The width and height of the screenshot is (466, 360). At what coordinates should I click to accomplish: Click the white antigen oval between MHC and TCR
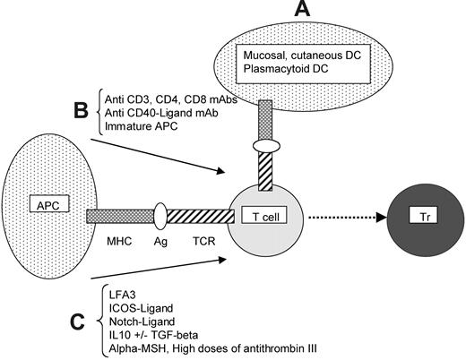point(160,216)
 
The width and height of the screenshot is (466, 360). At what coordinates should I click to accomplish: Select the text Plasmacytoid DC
point(288,75)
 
